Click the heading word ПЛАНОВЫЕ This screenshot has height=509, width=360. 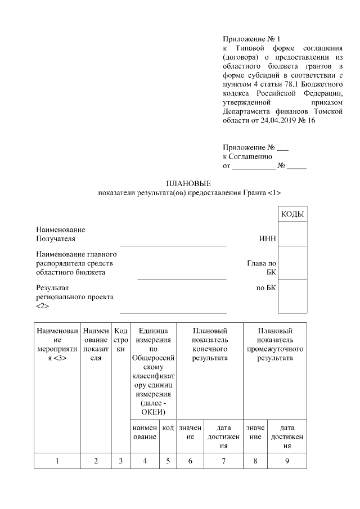(x=188, y=184)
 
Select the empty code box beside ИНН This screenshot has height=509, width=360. (x=292, y=234)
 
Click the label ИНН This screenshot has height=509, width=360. (x=267, y=239)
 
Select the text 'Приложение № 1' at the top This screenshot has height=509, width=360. (x=251, y=39)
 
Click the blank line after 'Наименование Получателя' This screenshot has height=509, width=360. (x=173, y=244)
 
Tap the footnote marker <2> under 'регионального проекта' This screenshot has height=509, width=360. (x=42, y=306)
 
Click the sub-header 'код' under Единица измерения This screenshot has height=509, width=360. (x=168, y=428)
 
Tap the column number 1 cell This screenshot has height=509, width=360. (x=57, y=461)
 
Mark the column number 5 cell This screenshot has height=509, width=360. (x=168, y=461)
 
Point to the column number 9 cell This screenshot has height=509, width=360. (x=287, y=461)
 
